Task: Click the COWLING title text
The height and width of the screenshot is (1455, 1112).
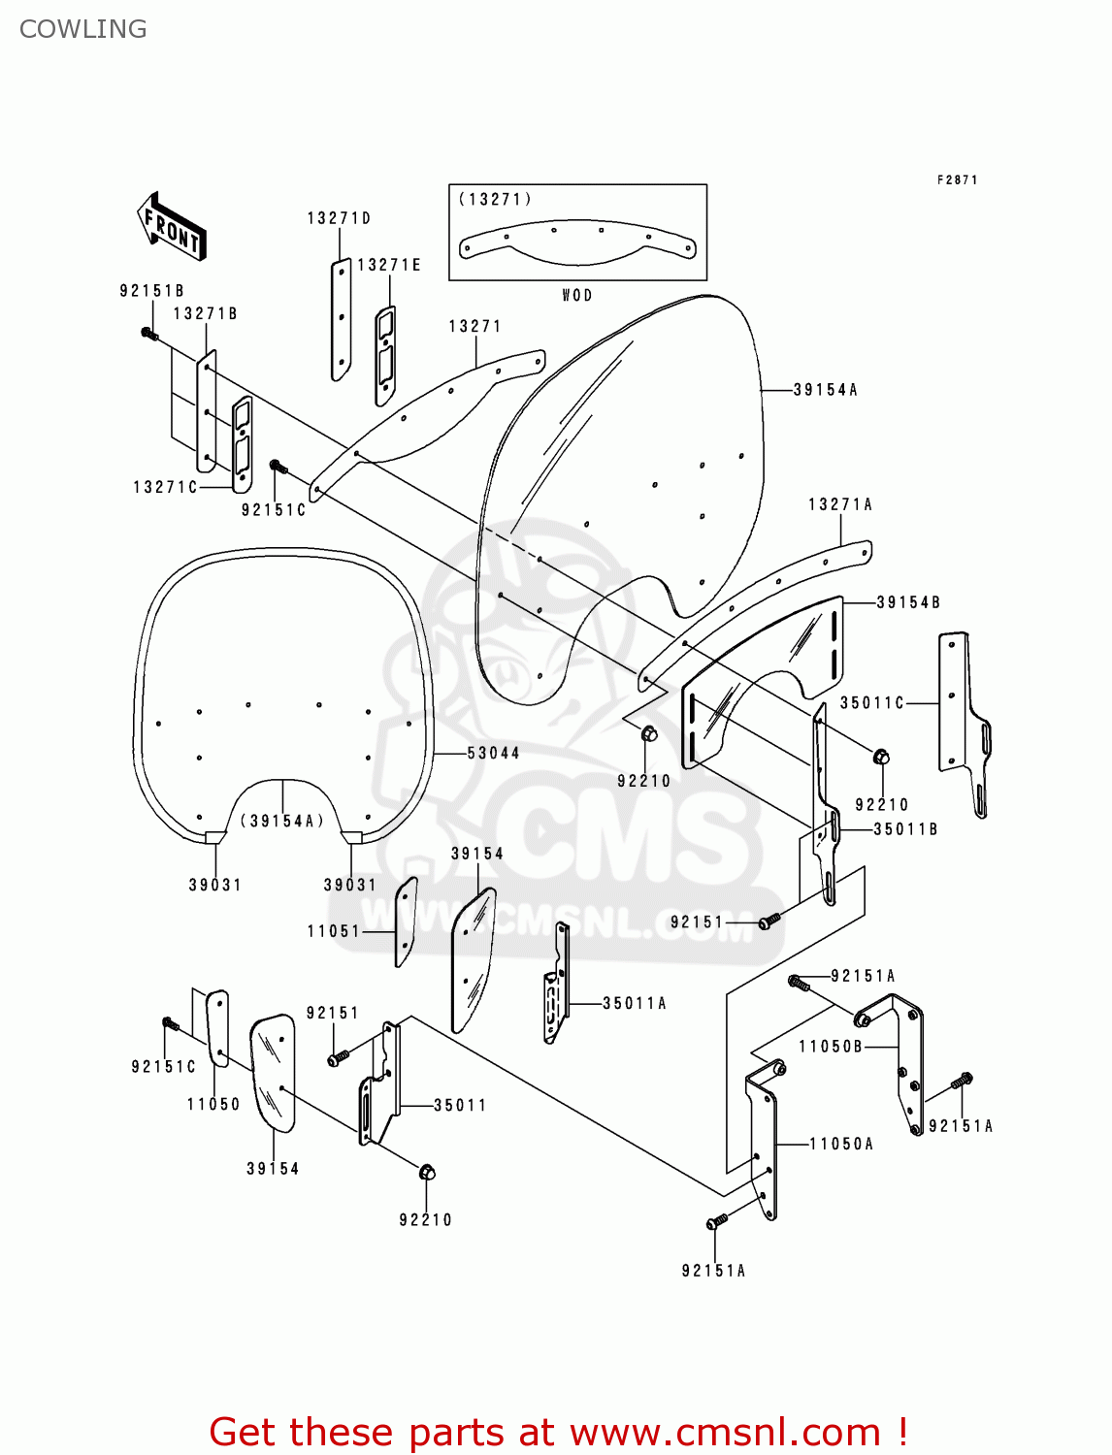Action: [x=83, y=29]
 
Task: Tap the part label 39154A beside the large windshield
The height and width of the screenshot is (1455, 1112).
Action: [x=825, y=390]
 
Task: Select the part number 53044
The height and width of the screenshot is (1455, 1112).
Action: [x=493, y=753]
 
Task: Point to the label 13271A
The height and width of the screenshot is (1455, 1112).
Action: [x=840, y=504]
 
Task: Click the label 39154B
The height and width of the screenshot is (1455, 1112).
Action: [x=908, y=602]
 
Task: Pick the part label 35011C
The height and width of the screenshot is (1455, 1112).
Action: [x=871, y=703]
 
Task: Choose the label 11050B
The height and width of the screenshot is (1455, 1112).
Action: [x=831, y=1047]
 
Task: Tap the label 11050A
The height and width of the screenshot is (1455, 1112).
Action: [x=841, y=1145]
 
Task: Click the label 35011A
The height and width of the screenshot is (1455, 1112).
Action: [x=635, y=1004]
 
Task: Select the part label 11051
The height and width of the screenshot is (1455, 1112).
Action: [x=334, y=931]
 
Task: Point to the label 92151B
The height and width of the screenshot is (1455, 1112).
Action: [x=151, y=291]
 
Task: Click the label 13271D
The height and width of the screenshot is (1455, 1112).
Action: [x=339, y=218]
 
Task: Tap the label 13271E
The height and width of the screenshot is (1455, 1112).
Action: [x=389, y=265]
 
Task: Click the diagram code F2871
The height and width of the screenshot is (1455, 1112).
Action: [x=957, y=179]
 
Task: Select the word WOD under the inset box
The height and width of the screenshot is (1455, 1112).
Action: [x=577, y=295]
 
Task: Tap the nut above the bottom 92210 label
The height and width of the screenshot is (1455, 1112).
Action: [x=427, y=1173]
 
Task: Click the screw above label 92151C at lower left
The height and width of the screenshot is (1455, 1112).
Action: [x=170, y=1023]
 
